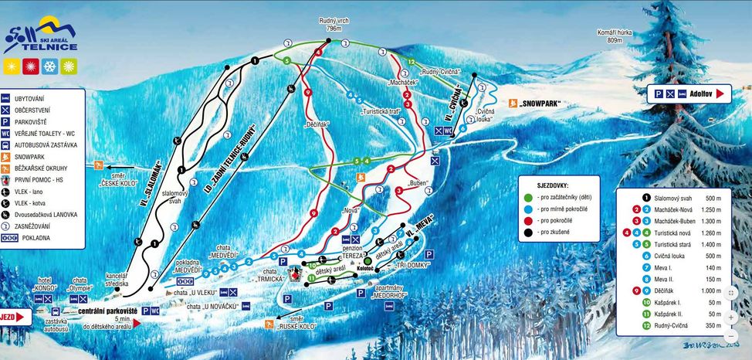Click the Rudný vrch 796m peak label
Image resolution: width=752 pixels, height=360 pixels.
coord(334,25)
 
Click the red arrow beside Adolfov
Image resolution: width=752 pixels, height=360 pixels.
coord(720,93)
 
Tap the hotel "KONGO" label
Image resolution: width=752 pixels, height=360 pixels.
coord(46,284)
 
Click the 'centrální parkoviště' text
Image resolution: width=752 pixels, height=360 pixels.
coord(107,311)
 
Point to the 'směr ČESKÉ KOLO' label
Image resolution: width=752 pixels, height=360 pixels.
coord(120,178)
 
